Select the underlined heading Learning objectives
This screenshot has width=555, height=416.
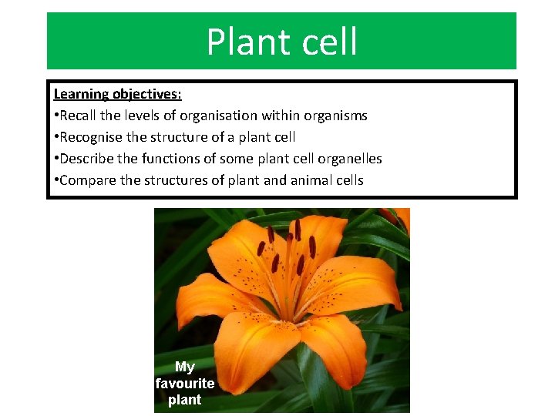117,94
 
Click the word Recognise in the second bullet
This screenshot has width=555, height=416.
92,137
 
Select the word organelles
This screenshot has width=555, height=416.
349,159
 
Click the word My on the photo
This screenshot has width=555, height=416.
185,367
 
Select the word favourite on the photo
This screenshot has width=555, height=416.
185,384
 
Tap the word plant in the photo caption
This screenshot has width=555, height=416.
185,400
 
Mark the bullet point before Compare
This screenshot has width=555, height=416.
55,181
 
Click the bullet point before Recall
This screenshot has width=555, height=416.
55,116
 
